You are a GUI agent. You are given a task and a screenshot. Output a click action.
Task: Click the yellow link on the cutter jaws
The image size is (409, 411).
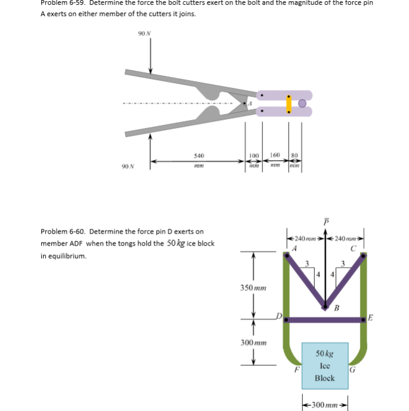(x=289, y=103)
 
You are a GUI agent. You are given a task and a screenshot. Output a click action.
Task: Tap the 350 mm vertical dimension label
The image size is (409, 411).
(x=253, y=288)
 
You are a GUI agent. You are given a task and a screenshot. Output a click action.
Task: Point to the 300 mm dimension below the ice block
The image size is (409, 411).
(x=325, y=404)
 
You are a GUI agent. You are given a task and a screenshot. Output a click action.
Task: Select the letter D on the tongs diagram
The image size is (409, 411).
(x=277, y=315)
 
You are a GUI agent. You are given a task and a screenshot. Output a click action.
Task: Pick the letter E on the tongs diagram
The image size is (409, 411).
(x=370, y=317)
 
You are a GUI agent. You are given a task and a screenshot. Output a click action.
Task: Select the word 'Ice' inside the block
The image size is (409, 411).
(x=325, y=366)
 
